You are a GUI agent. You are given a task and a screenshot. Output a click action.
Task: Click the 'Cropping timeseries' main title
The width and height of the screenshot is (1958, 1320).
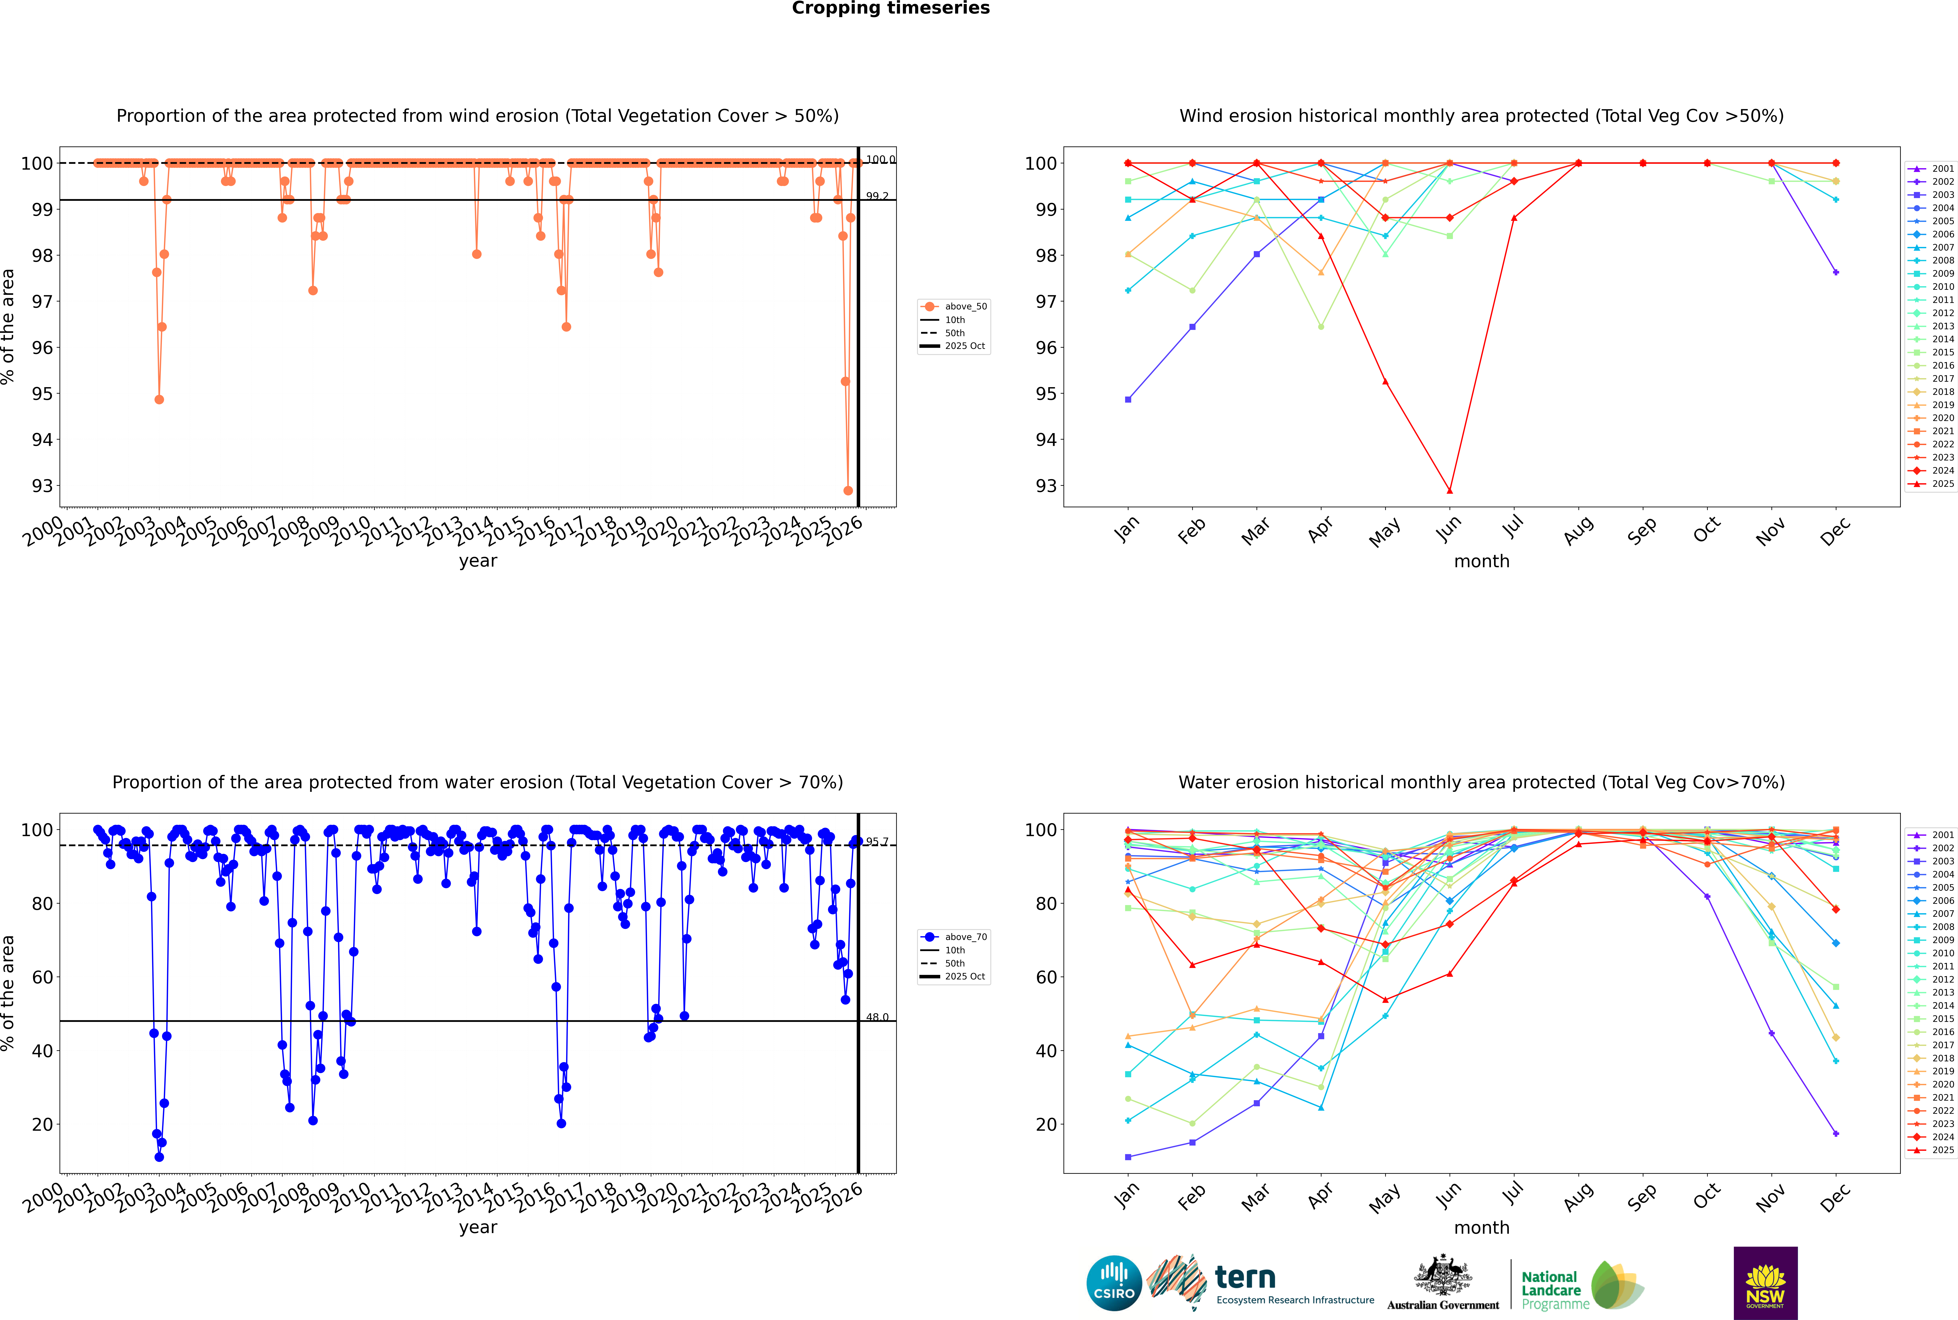891,8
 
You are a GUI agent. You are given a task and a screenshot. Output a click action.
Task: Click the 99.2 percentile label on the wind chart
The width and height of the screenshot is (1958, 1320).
877,196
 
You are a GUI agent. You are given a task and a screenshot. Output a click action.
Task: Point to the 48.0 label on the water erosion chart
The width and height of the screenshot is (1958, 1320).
877,1017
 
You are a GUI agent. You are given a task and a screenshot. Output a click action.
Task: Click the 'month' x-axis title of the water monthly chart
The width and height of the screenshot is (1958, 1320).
1482,1227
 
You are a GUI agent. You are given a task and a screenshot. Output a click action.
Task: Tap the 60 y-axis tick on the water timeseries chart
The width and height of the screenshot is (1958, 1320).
42,977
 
